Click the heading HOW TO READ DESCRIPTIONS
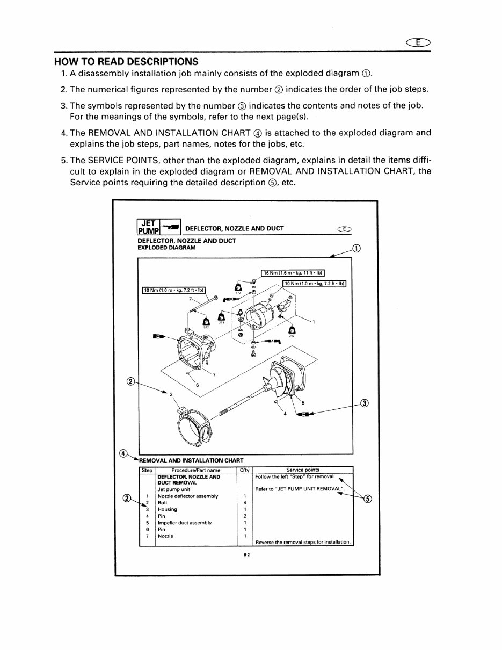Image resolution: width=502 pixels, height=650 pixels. pyautogui.click(x=126, y=61)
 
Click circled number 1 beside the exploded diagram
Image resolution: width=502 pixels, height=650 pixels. pyautogui.click(x=356, y=248)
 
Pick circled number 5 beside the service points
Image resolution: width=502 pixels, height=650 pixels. pyautogui.click(x=367, y=499)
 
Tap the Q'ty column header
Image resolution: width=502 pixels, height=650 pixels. pyautogui.click(x=244, y=470)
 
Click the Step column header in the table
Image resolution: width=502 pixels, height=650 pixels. pyautogui.click(x=147, y=470)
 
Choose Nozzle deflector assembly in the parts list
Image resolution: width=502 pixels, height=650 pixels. pyautogui.click(x=187, y=496)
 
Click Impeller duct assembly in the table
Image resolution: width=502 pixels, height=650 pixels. pyautogui.click(x=184, y=523)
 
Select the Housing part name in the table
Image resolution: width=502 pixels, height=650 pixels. pyautogui.click(x=167, y=509)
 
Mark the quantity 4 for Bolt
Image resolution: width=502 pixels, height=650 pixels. pyautogui.click(x=244, y=503)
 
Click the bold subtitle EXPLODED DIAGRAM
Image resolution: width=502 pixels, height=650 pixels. pyautogui.click(x=166, y=248)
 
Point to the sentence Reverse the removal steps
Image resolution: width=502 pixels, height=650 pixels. pyautogui.click(x=303, y=541)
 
